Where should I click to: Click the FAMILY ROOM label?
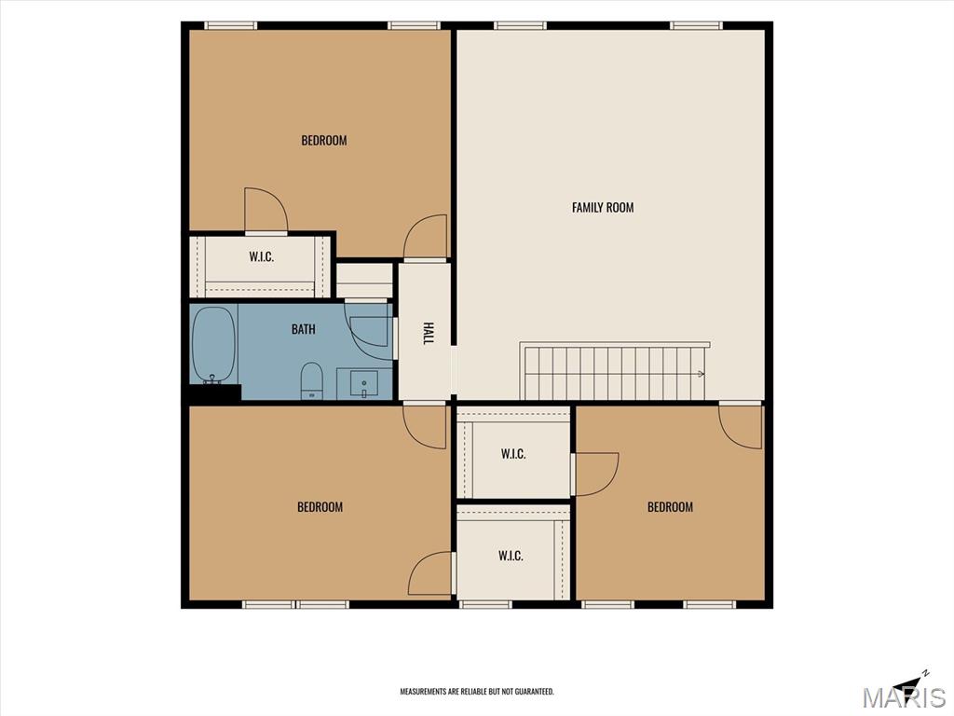[x=603, y=208]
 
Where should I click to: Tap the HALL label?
[x=429, y=333]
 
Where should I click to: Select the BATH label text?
[x=303, y=329]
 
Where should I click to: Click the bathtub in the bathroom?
[x=213, y=345]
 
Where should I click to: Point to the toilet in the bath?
[x=312, y=380]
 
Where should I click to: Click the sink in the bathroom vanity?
[x=364, y=383]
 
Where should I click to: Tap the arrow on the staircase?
[x=702, y=374]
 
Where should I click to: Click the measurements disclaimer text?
[x=476, y=692]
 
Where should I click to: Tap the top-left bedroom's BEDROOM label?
[x=323, y=141]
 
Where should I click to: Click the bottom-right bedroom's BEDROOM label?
[x=670, y=506]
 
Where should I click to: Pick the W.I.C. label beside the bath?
[x=261, y=256]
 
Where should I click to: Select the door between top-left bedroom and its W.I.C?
[x=266, y=211]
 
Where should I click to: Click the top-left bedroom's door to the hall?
[x=426, y=237]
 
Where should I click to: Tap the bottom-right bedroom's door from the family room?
[x=741, y=425]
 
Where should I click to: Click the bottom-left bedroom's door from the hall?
[x=425, y=426]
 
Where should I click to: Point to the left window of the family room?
[x=520, y=25]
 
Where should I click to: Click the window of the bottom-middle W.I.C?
[x=484, y=604]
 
